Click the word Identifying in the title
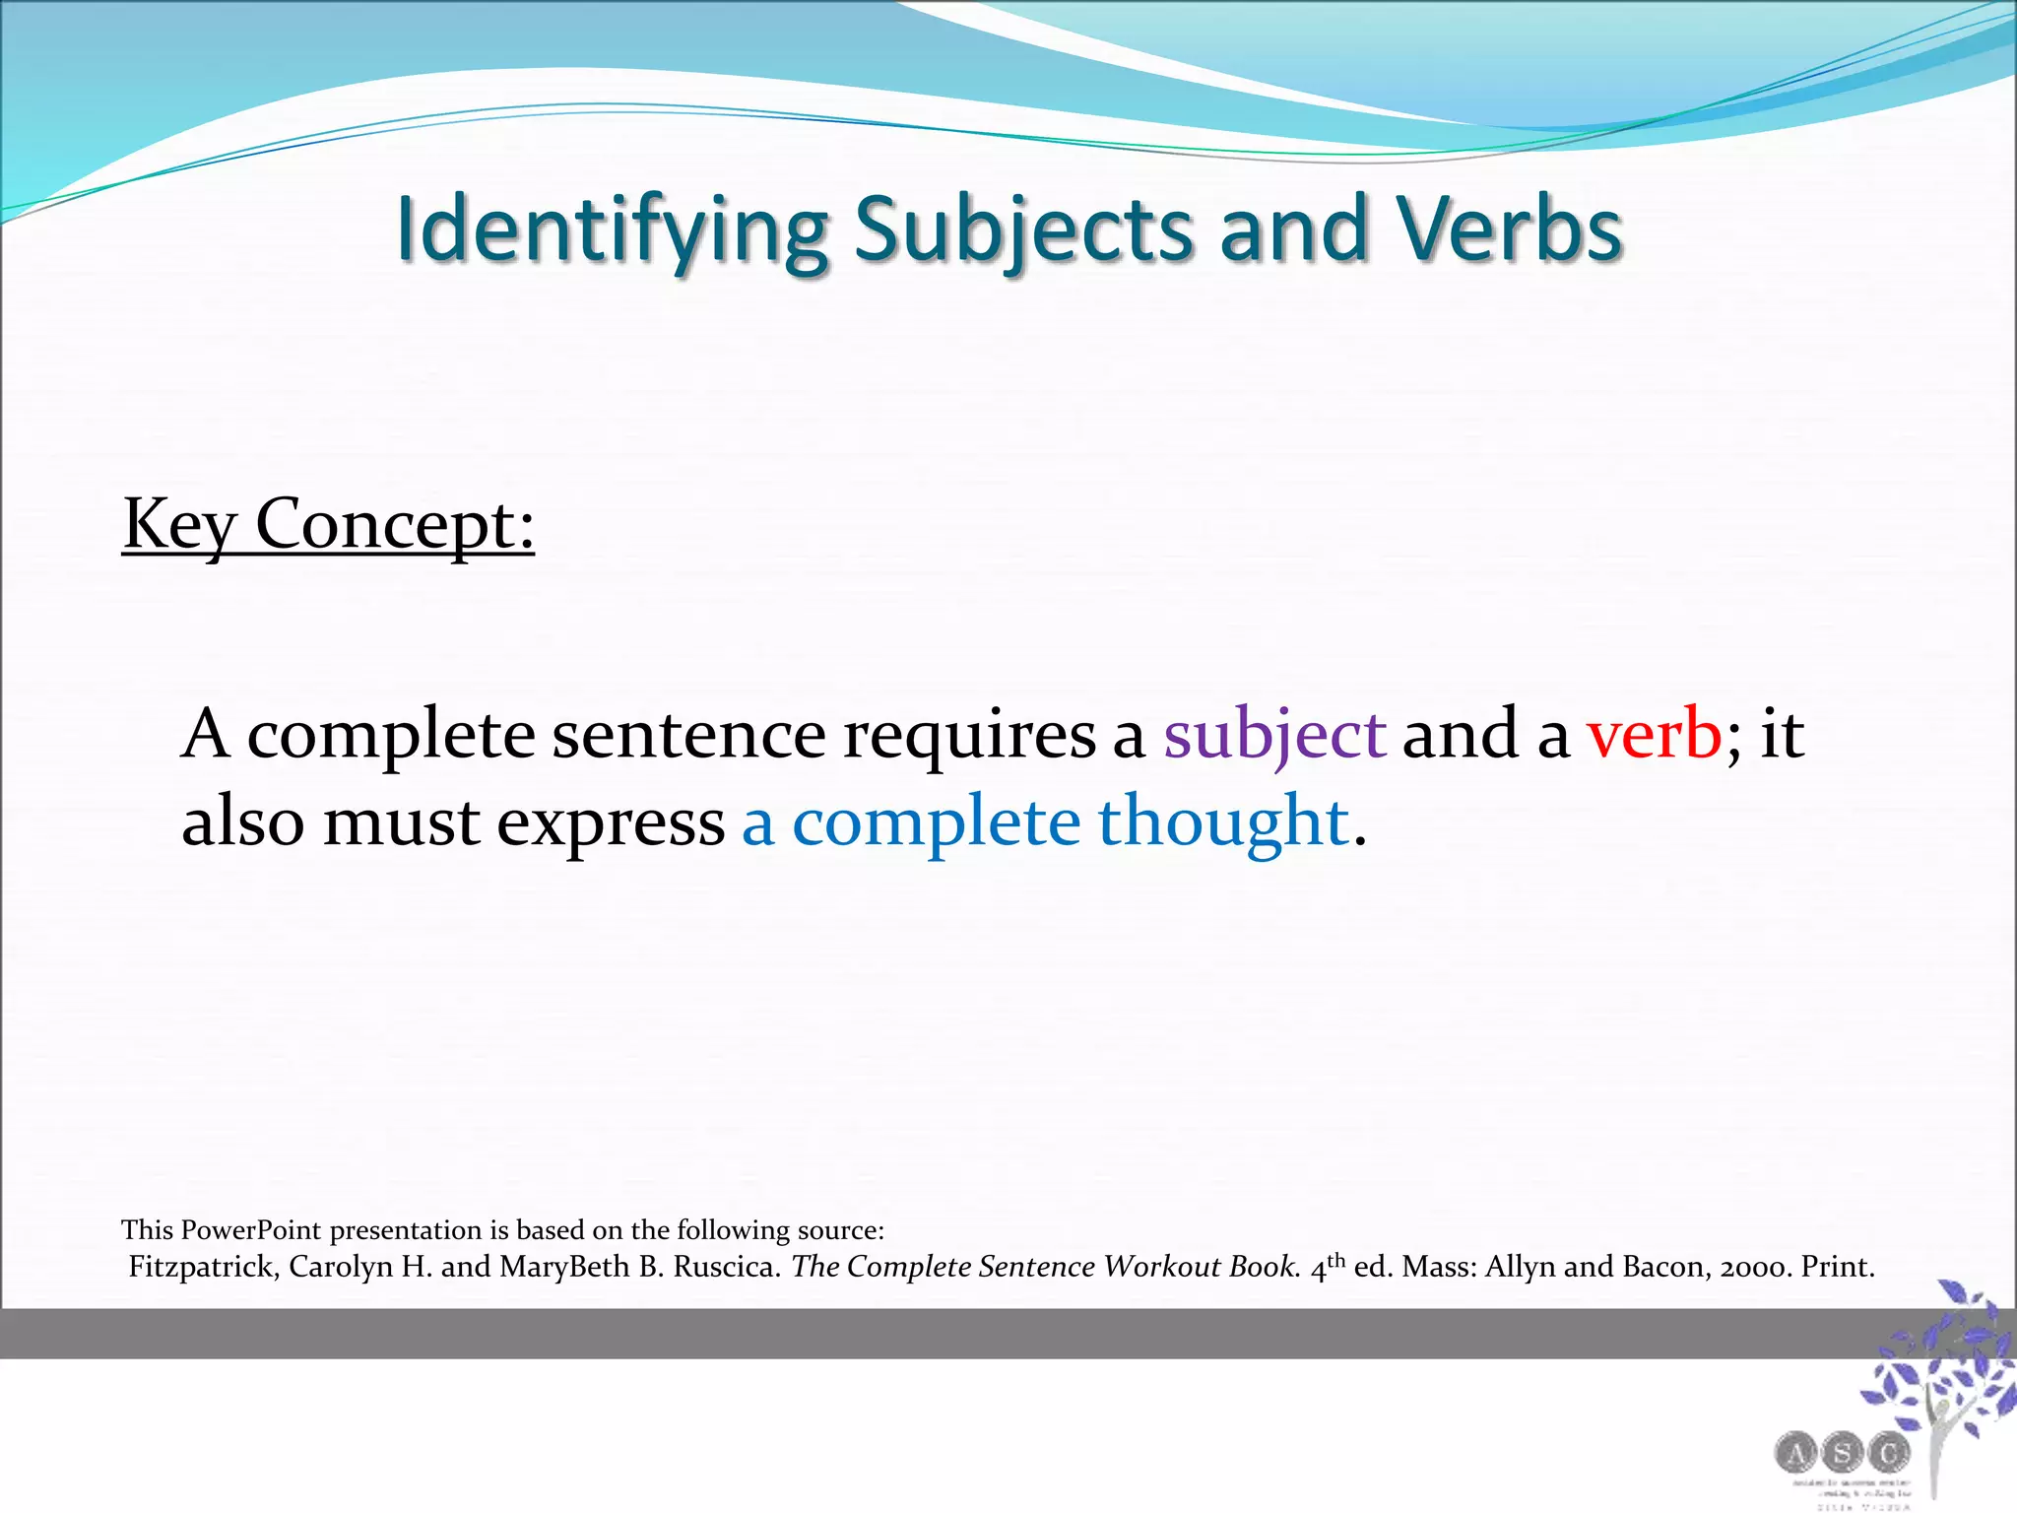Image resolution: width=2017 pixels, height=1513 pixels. pos(611,231)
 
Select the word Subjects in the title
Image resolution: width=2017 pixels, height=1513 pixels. pos(1023,231)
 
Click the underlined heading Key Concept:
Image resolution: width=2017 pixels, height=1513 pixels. pos(328,525)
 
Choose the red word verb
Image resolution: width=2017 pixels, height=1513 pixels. pos(1654,735)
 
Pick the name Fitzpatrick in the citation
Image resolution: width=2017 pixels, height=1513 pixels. pos(204,1267)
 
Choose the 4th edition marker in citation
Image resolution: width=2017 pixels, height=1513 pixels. pos(1328,1265)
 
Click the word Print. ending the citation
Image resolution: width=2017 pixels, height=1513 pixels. pos(1838,1267)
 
